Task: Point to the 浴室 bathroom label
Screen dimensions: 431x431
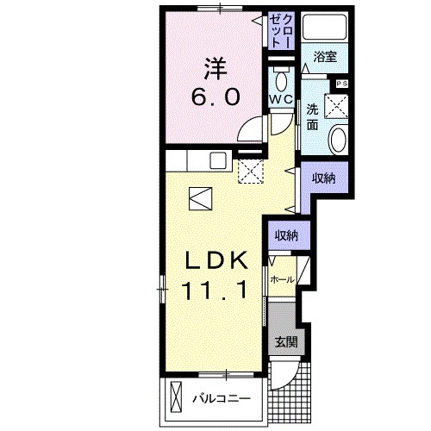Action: coord(326,56)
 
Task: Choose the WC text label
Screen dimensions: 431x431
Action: coord(281,100)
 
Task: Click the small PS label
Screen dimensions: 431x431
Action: coord(341,83)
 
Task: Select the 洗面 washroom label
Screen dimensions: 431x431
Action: coord(311,116)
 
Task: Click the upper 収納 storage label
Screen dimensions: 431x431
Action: coord(323,178)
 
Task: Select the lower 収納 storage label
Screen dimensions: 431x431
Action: coord(287,234)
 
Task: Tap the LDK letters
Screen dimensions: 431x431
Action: coord(217,260)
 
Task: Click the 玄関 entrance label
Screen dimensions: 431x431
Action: coord(286,340)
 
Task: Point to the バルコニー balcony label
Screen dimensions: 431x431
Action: coord(221,398)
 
